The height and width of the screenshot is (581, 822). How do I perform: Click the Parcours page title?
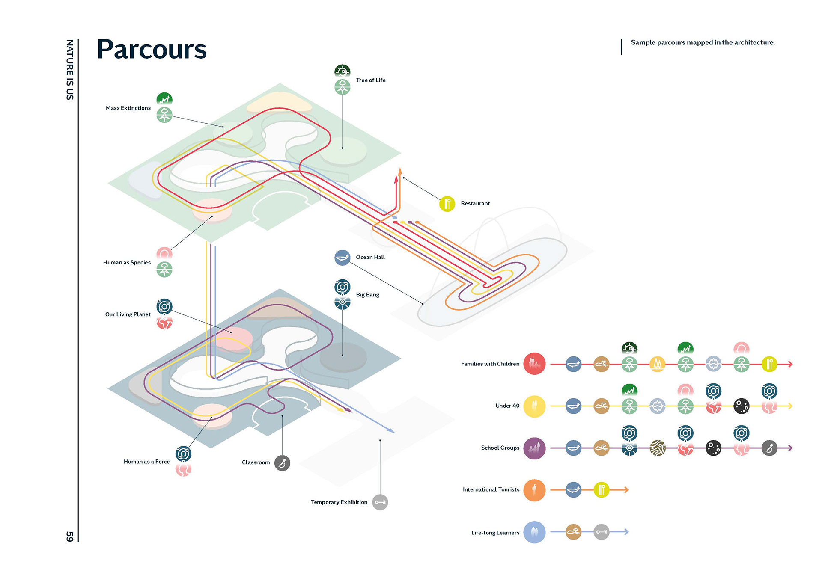click(x=152, y=50)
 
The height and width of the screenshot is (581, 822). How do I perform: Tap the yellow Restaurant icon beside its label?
click(x=447, y=204)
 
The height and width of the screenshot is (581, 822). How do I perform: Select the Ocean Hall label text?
click(x=370, y=257)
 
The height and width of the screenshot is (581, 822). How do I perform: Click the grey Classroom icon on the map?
click(x=282, y=463)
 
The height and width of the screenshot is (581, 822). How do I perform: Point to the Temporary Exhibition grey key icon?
click(x=380, y=502)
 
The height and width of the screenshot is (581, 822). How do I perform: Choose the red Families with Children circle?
click(x=534, y=364)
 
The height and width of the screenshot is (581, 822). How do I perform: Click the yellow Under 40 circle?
click(x=534, y=406)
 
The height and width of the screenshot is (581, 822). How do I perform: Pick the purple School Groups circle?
click(x=534, y=448)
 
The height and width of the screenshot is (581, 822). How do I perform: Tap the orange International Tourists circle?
click(x=534, y=490)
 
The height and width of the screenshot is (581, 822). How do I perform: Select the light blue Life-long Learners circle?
click(x=534, y=532)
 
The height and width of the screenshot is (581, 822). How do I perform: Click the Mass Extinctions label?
click(x=128, y=108)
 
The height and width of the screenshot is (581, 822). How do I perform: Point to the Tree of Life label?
click(x=371, y=80)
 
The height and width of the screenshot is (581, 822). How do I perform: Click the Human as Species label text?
click(x=127, y=263)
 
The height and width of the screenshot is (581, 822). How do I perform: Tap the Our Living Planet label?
click(x=128, y=314)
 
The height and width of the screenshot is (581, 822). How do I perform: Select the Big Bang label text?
click(x=368, y=295)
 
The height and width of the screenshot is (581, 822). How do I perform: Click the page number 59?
click(x=70, y=536)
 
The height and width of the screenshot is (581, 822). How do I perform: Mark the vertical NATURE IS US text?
click(x=70, y=70)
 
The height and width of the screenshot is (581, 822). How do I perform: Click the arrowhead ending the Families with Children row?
click(x=790, y=364)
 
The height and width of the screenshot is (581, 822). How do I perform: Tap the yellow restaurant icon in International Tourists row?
click(x=602, y=490)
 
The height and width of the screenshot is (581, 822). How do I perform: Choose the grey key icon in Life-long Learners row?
click(x=602, y=532)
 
